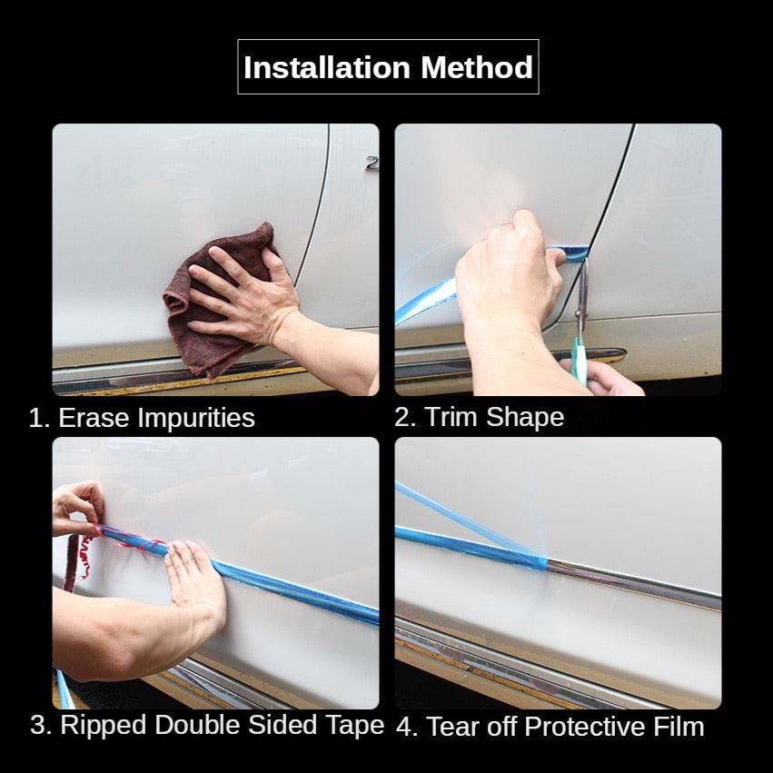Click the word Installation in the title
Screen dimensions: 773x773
click(x=327, y=67)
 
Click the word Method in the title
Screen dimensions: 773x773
click(x=477, y=67)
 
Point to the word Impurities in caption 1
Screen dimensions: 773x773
click(x=196, y=419)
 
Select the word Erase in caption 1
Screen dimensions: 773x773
click(x=94, y=418)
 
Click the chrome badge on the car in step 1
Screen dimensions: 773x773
click(x=372, y=164)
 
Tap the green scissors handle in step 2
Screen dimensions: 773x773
click(x=580, y=360)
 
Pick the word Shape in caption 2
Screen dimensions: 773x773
click(x=525, y=419)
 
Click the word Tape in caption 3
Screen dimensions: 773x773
click(x=354, y=726)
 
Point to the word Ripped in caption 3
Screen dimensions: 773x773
click(x=103, y=726)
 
